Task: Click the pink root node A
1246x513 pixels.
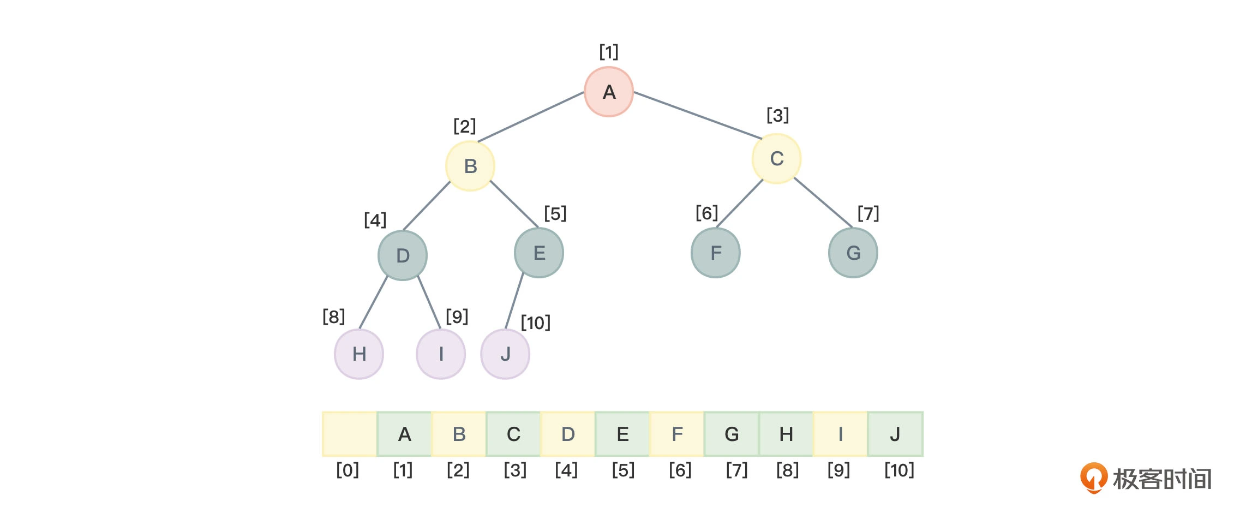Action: (x=609, y=92)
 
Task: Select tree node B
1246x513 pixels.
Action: (x=470, y=166)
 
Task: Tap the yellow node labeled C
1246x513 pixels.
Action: (x=776, y=159)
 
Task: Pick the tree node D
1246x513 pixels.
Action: (x=403, y=255)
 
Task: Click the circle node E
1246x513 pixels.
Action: (x=539, y=253)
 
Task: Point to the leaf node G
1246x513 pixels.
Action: (x=853, y=253)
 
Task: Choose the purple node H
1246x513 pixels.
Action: (x=359, y=354)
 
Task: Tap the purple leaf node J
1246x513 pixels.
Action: (x=505, y=354)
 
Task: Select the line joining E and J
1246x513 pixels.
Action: (x=514, y=301)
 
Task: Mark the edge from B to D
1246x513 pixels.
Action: (x=427, y=206)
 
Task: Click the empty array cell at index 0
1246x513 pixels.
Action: (x=350, y=434)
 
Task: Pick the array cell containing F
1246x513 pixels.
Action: (x=677, y=434)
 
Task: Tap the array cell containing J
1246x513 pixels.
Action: (x=895, y=434)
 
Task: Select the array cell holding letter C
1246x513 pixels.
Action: (x=513, y=434)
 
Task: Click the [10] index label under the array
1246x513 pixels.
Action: (x=899, y=470)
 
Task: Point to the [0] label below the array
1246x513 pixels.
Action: (x=348, y=470)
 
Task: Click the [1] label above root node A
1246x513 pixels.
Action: (x=609, y=52)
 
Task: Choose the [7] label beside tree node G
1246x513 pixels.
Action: (x=868, y=213)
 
